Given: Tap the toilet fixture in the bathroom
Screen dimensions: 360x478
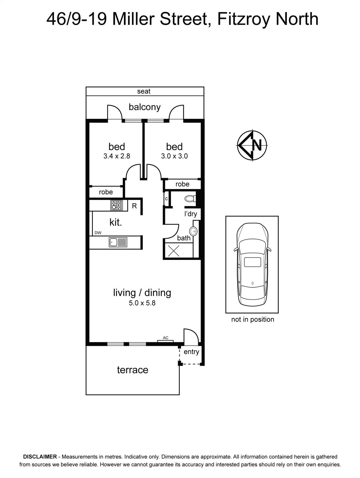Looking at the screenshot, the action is point(190,198).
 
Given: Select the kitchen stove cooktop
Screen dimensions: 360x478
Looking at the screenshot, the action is point(116,205).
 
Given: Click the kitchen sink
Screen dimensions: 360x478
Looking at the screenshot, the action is point(118,242).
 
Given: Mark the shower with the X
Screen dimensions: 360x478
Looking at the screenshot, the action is point(173,250).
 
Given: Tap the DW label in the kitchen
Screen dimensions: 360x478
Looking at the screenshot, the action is point(98,233).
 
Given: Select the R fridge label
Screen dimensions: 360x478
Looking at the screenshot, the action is point(134,206).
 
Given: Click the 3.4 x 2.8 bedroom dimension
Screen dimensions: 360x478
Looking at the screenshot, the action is point(117,156).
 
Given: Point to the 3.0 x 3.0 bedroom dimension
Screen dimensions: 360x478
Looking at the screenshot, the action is point(174,156).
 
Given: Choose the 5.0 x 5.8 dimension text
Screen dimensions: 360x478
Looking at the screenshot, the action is point(142,303).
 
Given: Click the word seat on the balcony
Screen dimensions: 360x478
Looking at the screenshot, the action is point(144,91).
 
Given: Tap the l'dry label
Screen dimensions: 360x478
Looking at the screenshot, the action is point(190,214).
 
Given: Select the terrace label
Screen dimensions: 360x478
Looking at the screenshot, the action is point(133,370).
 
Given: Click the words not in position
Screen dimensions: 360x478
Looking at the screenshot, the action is point(253,319).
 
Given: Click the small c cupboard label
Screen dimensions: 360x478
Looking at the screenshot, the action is point(166,199).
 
